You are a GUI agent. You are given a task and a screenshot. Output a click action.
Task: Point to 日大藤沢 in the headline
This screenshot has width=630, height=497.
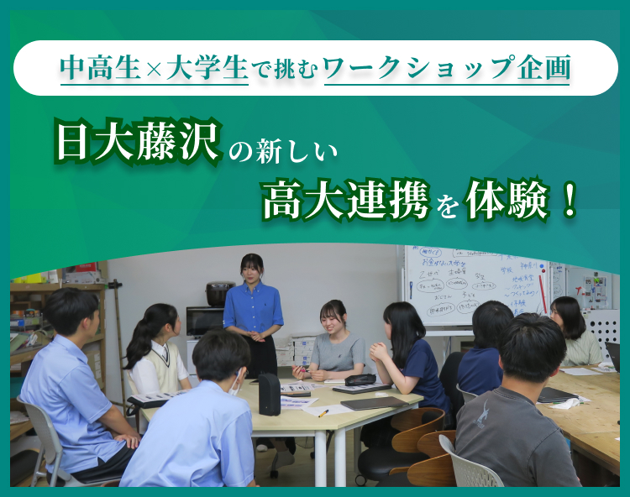[138, 144]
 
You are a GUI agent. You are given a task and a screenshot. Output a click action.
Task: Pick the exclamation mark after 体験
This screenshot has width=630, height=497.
[570, 203]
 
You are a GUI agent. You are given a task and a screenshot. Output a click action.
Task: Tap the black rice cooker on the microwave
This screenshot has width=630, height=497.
[220, 293]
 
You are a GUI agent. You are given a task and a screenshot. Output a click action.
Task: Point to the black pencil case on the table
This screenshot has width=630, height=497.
[360, 379]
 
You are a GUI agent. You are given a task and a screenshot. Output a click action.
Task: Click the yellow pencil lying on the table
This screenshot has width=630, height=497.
[323, 413]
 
